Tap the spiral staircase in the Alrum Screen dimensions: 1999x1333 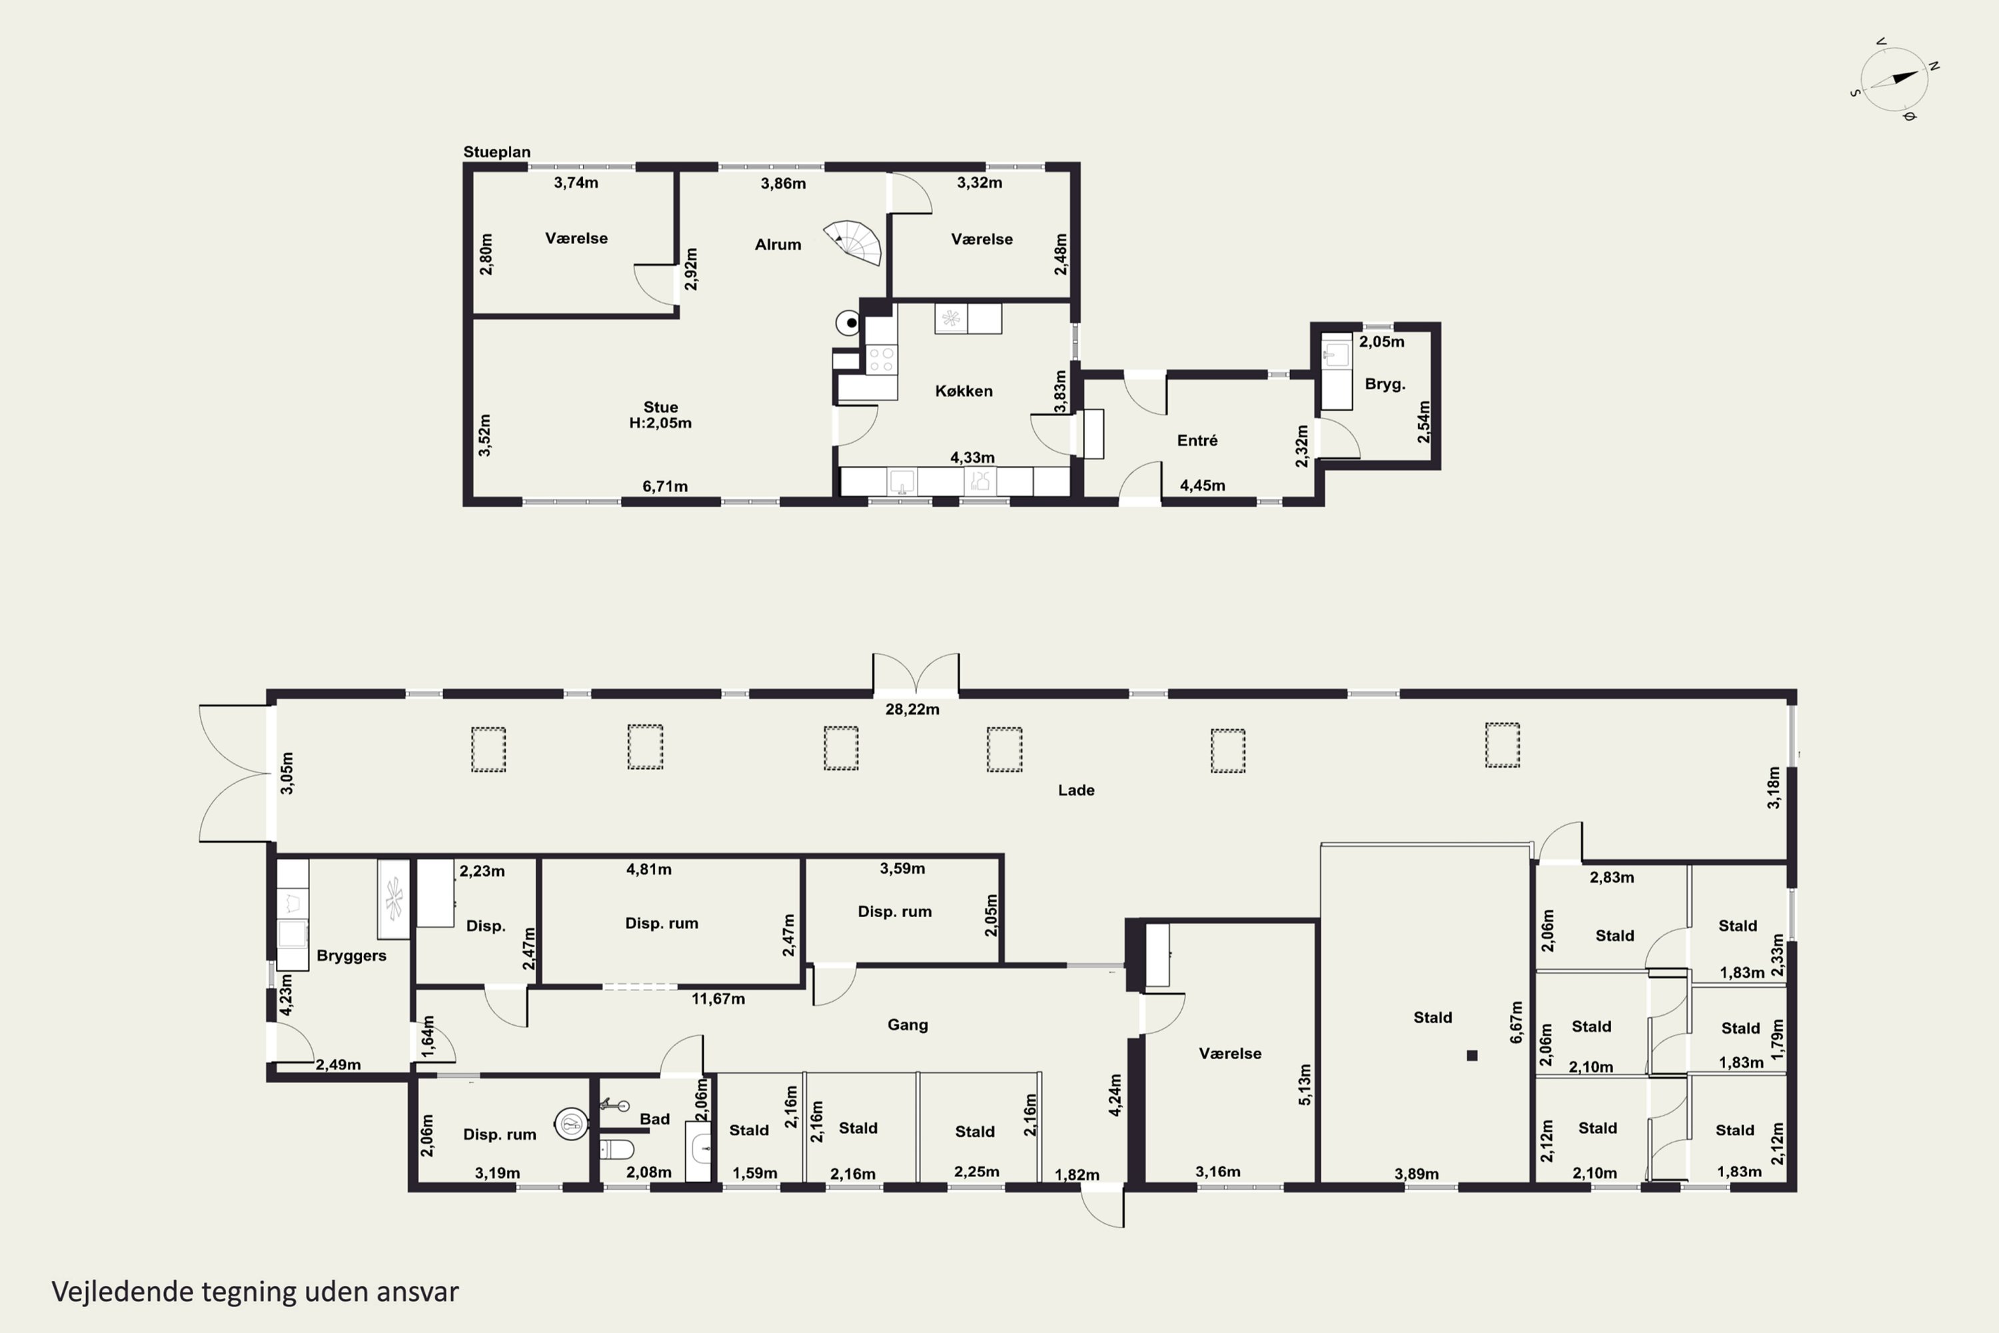[854, 243]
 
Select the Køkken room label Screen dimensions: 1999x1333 [964, 391]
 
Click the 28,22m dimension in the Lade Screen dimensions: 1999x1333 [912, 709]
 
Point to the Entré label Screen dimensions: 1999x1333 [1197, 441]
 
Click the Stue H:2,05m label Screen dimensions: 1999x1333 [660, 415]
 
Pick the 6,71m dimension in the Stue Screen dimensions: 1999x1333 [664, 487]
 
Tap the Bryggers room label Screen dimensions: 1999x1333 [351, 956]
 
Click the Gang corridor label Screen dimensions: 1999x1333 [908, 1024]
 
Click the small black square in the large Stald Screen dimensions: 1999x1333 [1472, 1055]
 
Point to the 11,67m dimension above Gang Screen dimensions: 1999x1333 [718, 999]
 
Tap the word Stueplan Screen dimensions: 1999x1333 [496, 152]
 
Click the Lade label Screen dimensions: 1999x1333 [1076, 790]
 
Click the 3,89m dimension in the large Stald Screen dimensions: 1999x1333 [1416, 1174]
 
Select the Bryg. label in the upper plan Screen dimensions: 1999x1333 [1385, 385]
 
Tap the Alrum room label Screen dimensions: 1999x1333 [778, 245]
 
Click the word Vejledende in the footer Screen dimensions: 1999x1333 [123, 1292]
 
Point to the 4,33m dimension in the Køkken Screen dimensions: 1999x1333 [972, 457]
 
